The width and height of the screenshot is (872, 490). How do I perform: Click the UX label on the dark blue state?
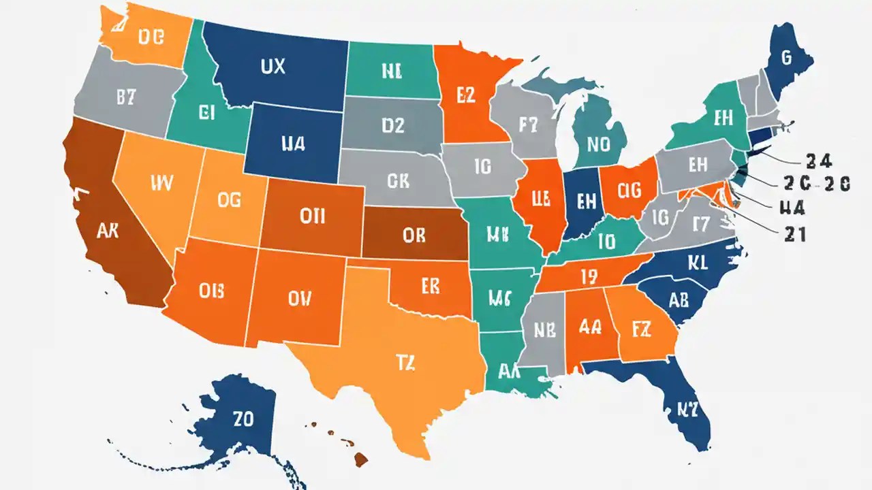pos(272,67)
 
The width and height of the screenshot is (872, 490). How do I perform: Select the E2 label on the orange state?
pos(461,96)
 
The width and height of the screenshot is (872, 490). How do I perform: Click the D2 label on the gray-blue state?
pos(392,125)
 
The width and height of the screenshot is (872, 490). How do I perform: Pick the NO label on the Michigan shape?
pos(598,144)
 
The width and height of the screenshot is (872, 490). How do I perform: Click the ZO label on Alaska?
pos(243,419)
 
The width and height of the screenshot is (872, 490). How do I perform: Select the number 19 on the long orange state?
pos(589,276)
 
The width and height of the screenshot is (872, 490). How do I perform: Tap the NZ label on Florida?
pos(694,409)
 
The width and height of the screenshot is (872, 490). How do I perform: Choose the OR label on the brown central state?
pos(414,235)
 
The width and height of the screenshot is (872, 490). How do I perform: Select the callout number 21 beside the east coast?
pos(792,234)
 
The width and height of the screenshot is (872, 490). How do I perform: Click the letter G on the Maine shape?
pos(786,59)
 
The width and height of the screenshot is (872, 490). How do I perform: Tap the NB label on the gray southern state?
pos(544,330)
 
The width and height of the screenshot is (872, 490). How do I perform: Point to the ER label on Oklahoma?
pos(431,287)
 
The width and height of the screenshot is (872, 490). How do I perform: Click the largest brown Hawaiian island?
pos(360,461)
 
